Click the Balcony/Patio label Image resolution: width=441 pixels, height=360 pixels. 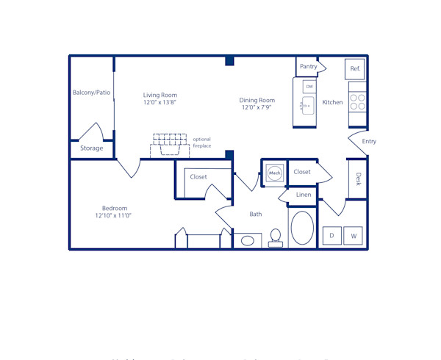pos(91,93)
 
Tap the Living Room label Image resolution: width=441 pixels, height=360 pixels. pos(159,95)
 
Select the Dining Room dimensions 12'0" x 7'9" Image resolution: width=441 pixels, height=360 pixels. pos(257,108)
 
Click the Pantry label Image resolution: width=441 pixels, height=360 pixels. pos(309,67)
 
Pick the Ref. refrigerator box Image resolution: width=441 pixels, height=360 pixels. pos(355,69)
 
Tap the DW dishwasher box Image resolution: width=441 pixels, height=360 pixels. pos(309,87)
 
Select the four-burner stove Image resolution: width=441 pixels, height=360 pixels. pos(357,101)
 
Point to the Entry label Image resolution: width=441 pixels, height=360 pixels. pos(369,142)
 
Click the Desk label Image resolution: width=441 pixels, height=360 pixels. pos(358,179)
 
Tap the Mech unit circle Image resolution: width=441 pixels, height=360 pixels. pos(275,173)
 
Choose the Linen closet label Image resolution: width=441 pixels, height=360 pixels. pos(304,195)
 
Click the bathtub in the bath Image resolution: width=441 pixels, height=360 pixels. pos(302,228)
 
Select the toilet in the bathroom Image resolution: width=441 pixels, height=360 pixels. pos(276,237)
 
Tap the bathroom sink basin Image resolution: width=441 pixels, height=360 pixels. pos(248,240)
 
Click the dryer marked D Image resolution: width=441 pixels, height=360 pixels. pos(331,236)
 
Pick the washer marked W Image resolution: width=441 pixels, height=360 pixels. pos(353,236)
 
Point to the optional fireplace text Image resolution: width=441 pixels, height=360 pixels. pos(202,143)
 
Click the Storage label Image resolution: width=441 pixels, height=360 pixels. pos(92,148)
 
